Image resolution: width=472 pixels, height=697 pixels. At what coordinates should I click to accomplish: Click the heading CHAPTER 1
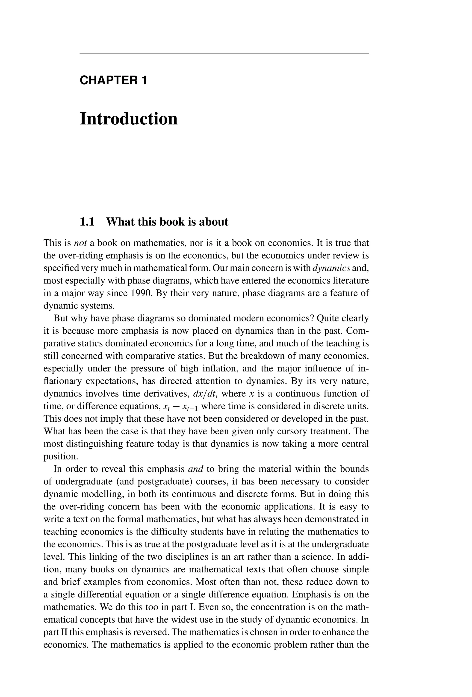[x=113, y=80]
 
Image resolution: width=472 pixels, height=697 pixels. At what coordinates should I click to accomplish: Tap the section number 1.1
[x=87, y=222]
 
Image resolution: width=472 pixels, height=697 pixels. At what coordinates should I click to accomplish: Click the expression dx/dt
[x=205, y=394]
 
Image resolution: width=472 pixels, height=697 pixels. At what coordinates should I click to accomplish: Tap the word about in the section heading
[x=213, y=222]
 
